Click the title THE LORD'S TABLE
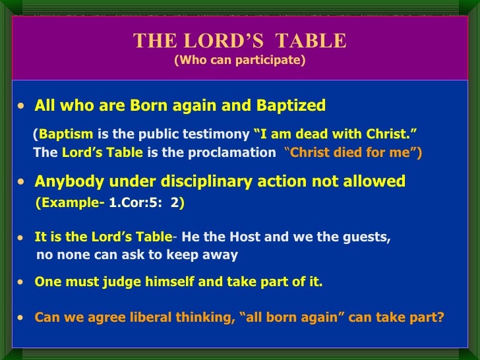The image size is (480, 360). pos(239,41)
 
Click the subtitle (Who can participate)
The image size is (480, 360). pos(239,61)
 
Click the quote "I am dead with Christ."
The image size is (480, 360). pos(335,135)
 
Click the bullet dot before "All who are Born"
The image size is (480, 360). pos(23,106)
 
